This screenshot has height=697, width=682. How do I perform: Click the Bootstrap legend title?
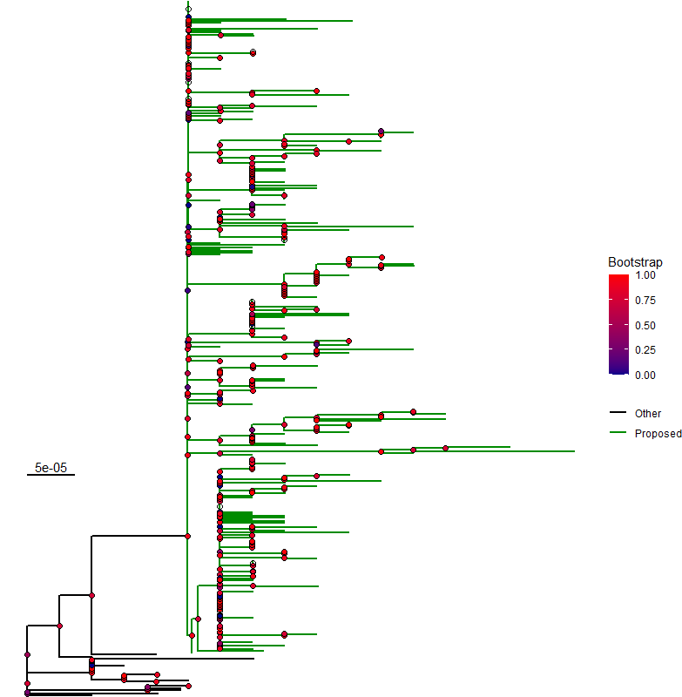pos(635,262)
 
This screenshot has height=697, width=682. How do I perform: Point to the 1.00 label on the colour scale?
pos(645,275)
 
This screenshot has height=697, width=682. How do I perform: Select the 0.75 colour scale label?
pos(645,300)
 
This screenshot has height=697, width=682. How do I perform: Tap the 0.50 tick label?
pos(645,325)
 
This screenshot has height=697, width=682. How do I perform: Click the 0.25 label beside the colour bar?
pos(645,349)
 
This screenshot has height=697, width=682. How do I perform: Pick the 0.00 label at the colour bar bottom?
pos(645,374)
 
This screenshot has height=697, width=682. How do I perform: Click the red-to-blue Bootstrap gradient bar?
pos(618,324)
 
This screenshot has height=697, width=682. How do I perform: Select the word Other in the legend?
pos(648,414)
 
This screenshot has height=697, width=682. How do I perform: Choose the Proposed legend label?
pos(658,433)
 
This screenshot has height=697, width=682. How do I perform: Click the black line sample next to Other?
pos(618,413)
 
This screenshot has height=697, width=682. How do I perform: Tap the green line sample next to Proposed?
pos(618,433)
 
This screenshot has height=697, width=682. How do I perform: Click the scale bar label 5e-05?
pos(51,468)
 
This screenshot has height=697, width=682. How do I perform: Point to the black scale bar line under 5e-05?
pos(51,476)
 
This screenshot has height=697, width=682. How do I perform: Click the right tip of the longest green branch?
pos(575,451)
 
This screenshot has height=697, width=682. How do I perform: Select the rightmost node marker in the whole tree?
pos(445,448)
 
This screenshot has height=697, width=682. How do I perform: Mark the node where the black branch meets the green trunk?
pos(187,536)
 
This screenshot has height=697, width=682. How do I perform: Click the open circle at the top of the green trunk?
pos(188,10)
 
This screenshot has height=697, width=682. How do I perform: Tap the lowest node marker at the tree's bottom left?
pos(28,694)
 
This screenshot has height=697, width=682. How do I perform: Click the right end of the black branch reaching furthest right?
pos(253,659)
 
